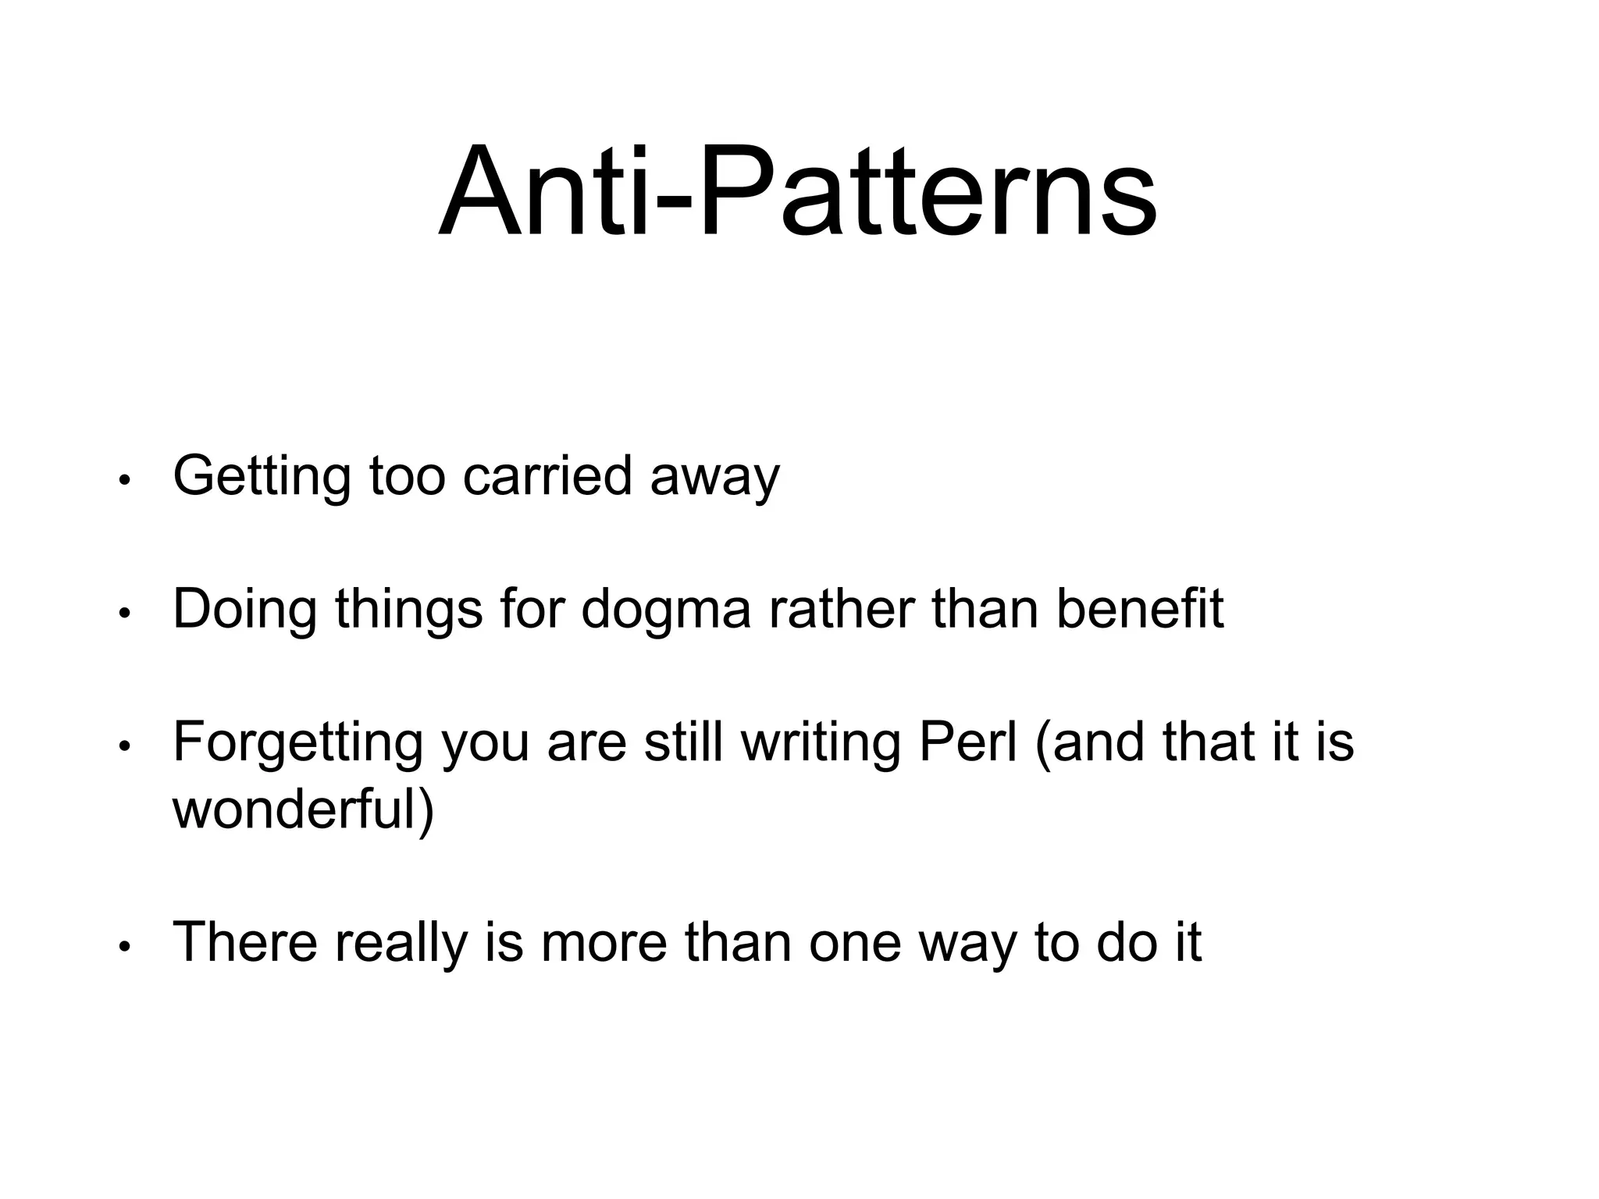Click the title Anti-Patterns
coord(797,193)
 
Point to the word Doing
coord(244,610)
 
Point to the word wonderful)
coord(303,809)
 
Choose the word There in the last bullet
coord(245,942)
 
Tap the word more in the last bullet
coord(604,942)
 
